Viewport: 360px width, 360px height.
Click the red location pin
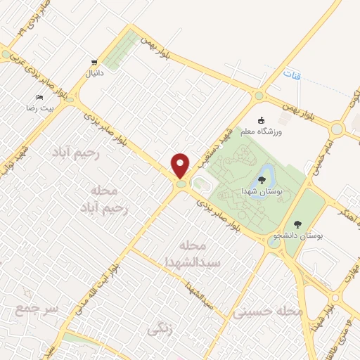pyautogui.click(x=181, y=165)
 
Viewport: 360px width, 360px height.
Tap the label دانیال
pyautogui.click(x=94, y=72)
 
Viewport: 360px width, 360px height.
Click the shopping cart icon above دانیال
pyautogui.click(x=94, y=61)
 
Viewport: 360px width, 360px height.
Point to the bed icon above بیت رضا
pyautogui.click(x=40, y=97)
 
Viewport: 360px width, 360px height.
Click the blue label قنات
pyautogui.click(x=292, y=74)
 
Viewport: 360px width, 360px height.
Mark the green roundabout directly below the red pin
pyautogui.click(x=181, y=184)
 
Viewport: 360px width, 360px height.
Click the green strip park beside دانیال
pyautogui.click(x=122, y=49)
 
